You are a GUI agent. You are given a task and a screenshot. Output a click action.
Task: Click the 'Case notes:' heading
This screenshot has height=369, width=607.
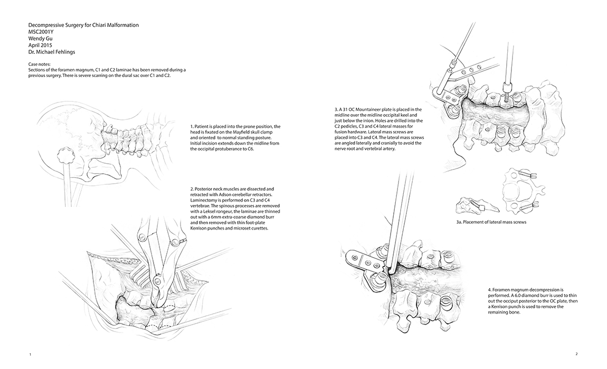[40, 64]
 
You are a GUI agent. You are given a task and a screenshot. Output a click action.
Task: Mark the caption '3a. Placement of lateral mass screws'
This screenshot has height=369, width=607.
[491, 222]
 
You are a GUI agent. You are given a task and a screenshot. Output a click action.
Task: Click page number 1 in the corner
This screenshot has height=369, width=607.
[31, 354]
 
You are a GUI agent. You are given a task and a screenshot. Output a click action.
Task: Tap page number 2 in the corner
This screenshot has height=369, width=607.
[576, 354]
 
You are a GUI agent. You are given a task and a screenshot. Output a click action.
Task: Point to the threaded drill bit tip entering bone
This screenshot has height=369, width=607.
[506, 97]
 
